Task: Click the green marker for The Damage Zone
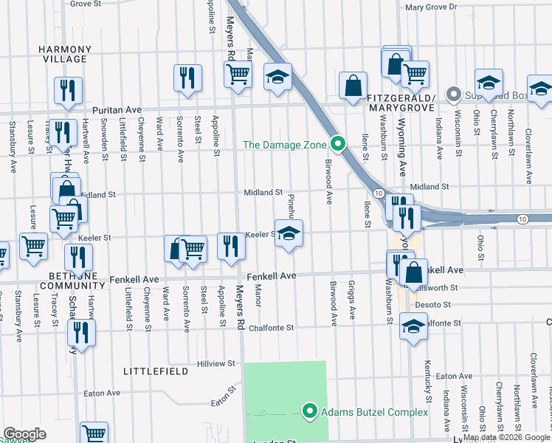click(338, 143)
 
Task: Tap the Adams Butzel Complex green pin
click(310, 411)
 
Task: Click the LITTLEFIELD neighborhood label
click(153, 369)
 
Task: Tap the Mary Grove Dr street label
click(432, 7)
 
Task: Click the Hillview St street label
click(216, 364)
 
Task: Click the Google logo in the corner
click(24, 434)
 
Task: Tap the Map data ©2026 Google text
click(506, 438)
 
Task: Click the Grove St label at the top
click(86, 4)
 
